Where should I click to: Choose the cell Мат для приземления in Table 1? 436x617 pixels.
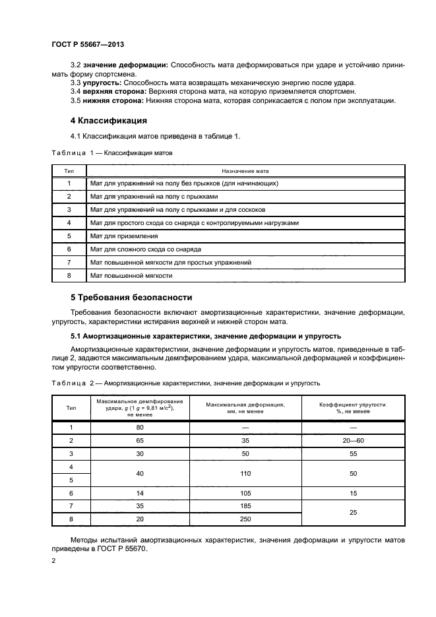[124, 235]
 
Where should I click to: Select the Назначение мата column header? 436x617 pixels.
[245, 170]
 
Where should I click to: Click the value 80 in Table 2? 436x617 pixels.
[140, 427]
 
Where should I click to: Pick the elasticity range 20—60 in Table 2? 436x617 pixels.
[352, 441]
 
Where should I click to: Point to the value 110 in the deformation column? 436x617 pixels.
[245, 474]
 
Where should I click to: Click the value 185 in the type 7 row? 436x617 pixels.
[245, 507]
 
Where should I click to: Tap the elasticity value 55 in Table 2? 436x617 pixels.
[352, 454]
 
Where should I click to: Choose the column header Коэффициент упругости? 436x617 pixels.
[353, 404]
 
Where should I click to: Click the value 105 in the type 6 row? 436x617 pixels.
[245, 494]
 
